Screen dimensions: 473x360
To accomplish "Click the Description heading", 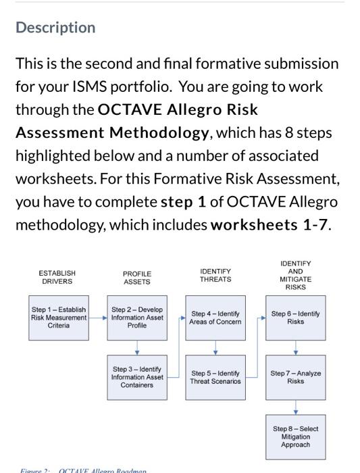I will coord(55,28).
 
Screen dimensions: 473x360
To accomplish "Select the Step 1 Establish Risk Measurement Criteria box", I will coord(59,318).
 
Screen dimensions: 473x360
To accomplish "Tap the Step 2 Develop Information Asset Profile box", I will coord(137,318).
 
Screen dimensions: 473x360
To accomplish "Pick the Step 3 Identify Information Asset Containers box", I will coord(137,377).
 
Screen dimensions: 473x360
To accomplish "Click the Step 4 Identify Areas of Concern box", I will coord(216,318).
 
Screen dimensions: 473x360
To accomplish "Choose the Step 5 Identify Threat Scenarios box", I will coord(216,377).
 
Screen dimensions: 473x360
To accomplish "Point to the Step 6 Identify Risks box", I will coord(295,318).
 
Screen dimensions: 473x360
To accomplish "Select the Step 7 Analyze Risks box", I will coord(295,377).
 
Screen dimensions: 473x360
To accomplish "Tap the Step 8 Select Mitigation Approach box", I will coord(295,437).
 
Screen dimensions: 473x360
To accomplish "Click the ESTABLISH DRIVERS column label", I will coord(57,277).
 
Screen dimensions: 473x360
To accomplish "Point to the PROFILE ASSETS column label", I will coord(137,278).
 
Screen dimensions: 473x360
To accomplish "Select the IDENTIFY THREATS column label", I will coord(215,275).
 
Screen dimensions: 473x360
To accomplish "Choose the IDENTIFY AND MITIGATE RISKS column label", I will coord(295,275).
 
